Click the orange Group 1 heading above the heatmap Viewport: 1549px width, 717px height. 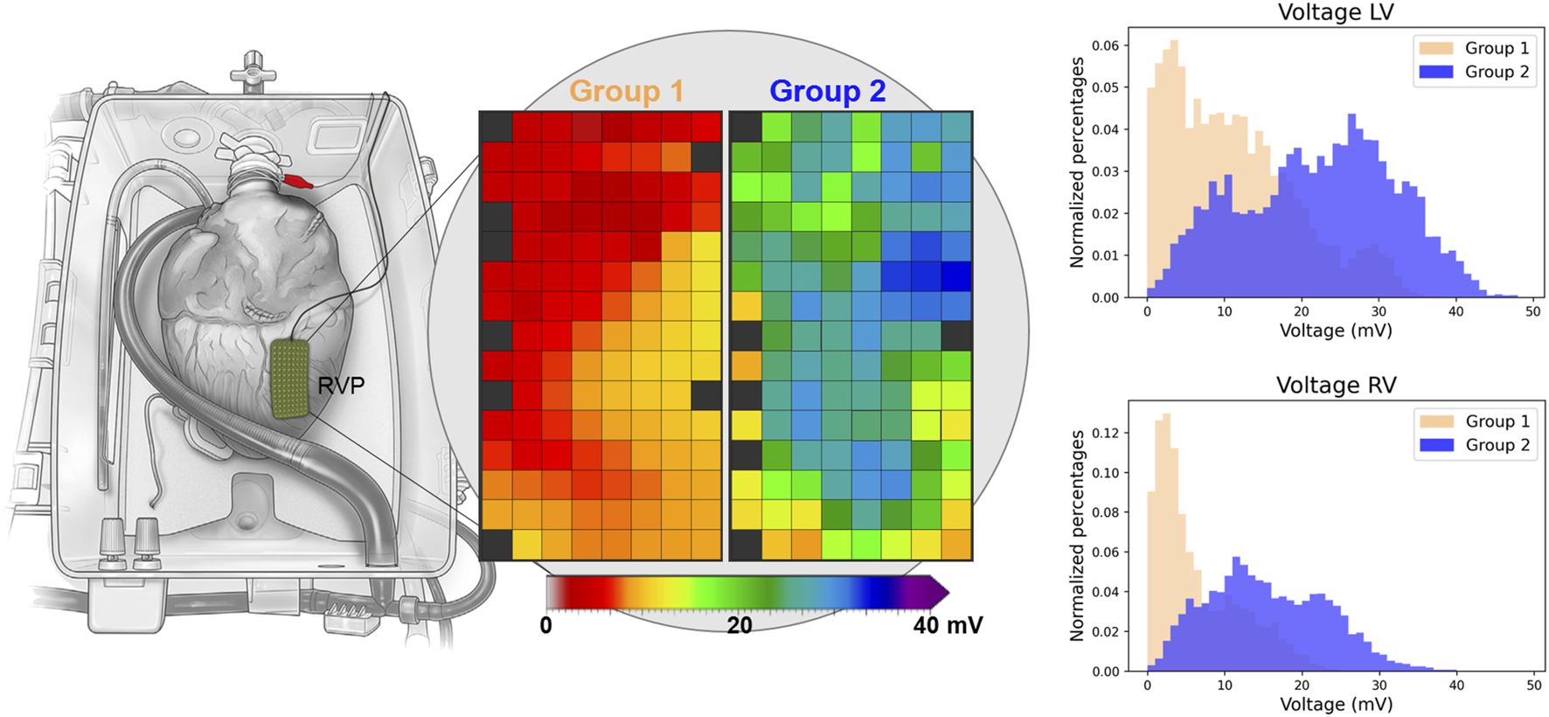pos(626,91)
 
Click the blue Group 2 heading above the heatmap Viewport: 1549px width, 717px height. pos(827,91)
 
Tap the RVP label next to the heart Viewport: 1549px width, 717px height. pos(341,386)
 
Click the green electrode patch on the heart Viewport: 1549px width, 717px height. pos(290,378)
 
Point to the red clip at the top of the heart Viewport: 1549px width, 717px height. pos(298,182)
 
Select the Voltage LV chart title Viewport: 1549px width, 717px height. pos(1336,12)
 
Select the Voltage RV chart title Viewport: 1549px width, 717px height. pos(1336,386)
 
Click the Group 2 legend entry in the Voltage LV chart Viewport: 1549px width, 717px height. pos(1474,72)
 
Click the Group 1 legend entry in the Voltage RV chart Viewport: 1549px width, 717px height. pos(1474,421)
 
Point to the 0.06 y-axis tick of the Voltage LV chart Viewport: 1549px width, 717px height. pos(1105,45)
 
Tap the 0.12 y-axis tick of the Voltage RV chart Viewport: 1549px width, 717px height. pos(1105,433)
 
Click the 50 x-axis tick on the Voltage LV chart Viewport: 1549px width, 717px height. pos(1533,311)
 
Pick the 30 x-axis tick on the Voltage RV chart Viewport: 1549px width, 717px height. pos(1379,686)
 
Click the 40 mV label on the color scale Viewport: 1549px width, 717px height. pos(948,625)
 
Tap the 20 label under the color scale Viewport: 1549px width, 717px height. pos(740,625)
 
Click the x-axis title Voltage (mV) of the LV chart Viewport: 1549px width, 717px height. pos(1336,331)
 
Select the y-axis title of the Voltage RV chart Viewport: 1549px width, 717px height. pos(1077,536)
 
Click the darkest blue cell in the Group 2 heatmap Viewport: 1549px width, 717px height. pos(956,276)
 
